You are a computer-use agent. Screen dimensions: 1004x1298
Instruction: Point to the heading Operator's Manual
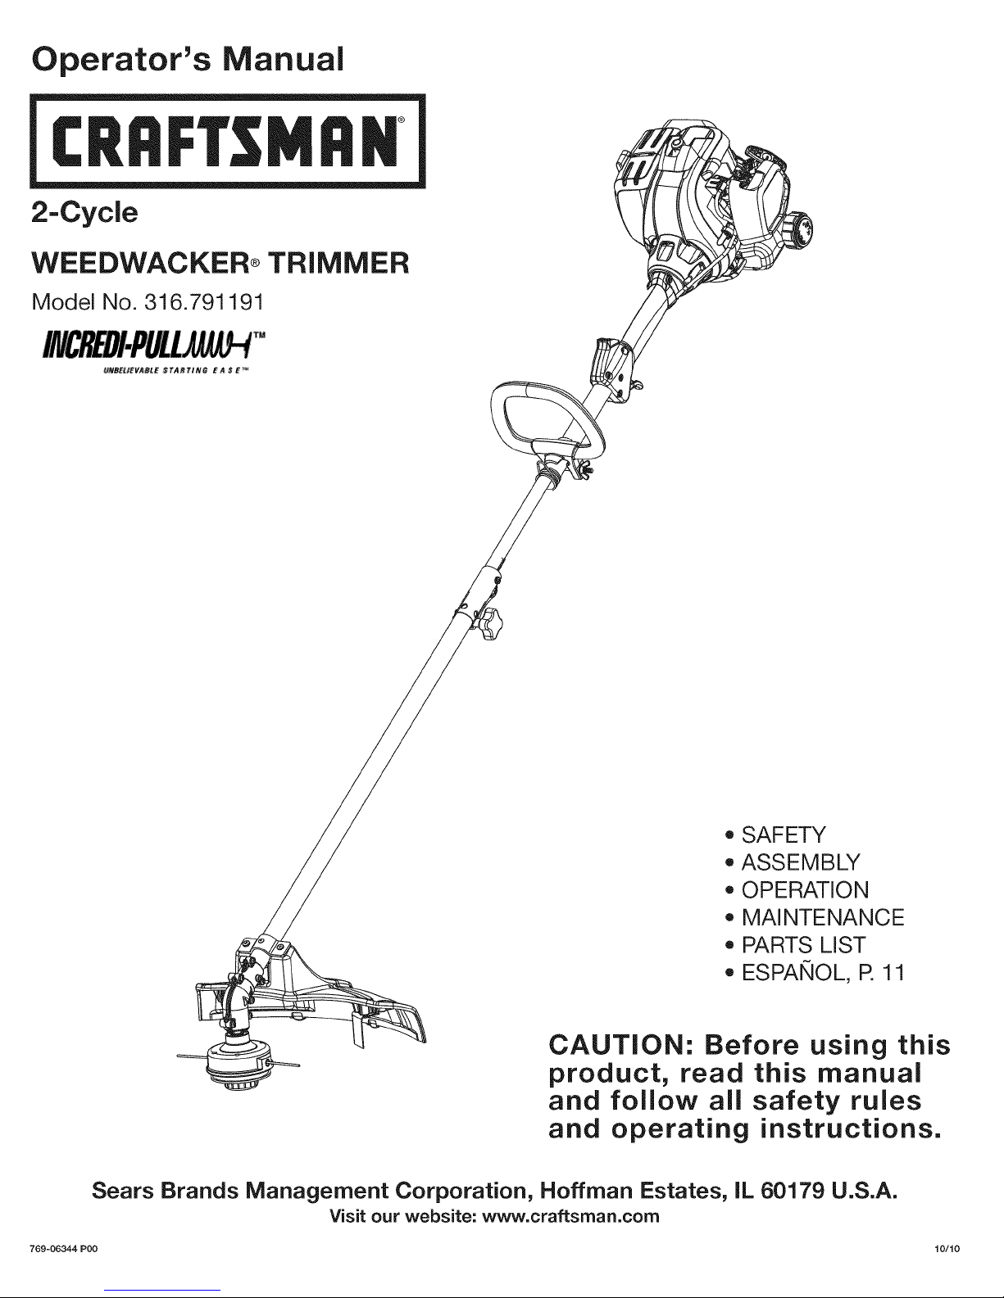point(186,58)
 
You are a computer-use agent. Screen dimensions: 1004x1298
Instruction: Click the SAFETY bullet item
point(784,835)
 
